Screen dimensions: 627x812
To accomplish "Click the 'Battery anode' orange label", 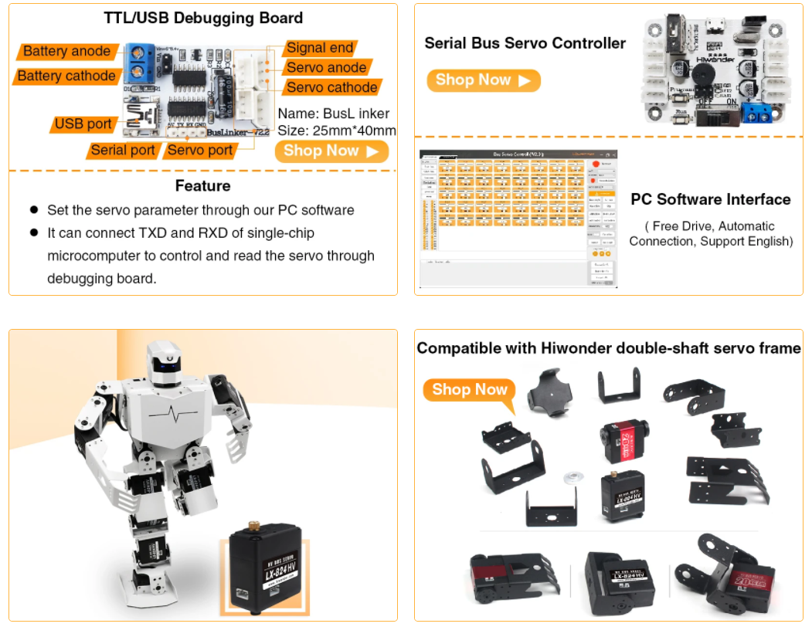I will click(66, 52).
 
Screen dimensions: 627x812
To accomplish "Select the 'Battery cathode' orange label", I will click(66, 76).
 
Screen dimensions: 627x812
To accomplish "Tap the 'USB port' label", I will click(83, 124).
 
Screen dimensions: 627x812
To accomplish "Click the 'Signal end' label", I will click(320, 48).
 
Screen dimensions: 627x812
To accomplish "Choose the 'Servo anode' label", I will click(326, 68).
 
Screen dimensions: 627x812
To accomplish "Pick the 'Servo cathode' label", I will click(331, 87).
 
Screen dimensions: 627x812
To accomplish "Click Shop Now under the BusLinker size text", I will click(331, 151).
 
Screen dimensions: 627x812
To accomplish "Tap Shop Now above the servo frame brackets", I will click(470, 390).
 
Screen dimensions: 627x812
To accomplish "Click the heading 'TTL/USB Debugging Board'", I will click(203, 18).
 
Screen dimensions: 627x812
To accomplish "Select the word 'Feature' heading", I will click(202, 186).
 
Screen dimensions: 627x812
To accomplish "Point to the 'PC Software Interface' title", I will click(710, 199).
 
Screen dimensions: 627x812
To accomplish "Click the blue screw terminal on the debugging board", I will click(140, 63).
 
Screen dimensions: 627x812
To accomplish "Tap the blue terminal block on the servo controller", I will click(750, 115).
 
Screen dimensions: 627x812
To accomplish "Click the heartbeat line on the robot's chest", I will click(183, 413).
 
